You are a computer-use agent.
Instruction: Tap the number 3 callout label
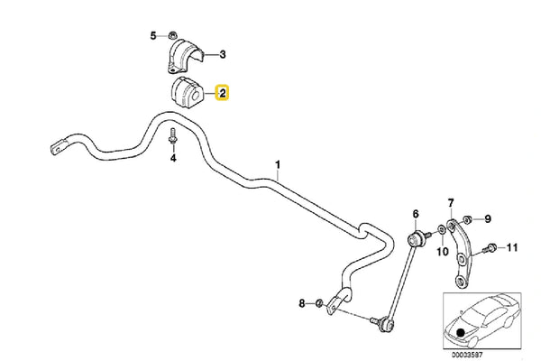pyautogui.click(x=222, y=55)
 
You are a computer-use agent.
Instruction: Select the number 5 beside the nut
pyautogui.click(x=152, y=36)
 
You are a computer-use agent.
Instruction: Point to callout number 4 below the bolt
pyautogui.click(x=174, y=159)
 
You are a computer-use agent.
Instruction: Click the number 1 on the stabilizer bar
pyautogui.click(x=279, y=165)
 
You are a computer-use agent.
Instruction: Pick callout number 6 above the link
pyautogui.click(x=416, y=214)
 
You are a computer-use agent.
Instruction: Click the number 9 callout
pyautogui.click(x=488, y=218)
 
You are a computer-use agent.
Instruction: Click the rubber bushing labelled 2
pyautogui.click(x=185, y=91)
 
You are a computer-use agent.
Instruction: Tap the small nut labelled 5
pyautogui.click(x=170, y=37)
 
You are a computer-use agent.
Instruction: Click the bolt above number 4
pyautogui.click(x=173, y=138)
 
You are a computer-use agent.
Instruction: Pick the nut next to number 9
pyautogui.click(x=467, y=218)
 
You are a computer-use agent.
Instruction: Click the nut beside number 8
pyautogui.click(x=321, y=301)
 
